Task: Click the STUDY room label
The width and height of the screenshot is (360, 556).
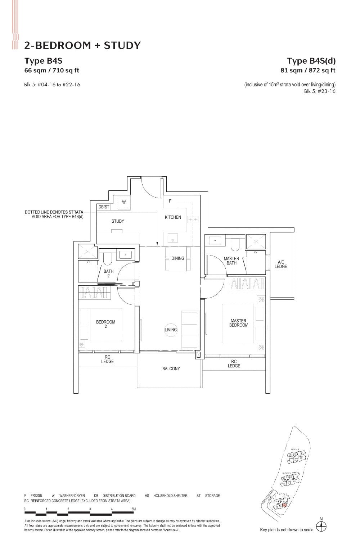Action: click(118, 221)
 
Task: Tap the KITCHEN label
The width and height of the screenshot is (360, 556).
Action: click(173, 217)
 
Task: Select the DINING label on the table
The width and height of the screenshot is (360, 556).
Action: click(177, 258)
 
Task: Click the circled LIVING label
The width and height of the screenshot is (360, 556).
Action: click(171, 330)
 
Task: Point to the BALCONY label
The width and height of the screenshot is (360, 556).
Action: click(171, 369)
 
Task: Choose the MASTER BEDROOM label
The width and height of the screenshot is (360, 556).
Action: click(238, 323)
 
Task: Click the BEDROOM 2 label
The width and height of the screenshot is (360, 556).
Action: click(105, 324)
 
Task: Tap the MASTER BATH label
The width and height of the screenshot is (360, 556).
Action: click(231, 261)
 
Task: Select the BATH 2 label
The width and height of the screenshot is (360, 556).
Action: click(108, 274)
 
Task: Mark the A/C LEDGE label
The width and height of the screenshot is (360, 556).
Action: click(281, 265)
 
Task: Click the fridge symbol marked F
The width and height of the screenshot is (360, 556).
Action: click(170, 201)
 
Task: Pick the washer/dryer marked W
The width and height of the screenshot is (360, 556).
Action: click(123, 202)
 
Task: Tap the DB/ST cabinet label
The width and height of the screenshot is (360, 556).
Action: click(104, 207)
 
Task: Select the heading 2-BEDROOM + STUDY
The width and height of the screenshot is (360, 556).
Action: click(82, 45)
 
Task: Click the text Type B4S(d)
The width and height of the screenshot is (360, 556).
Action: click(311, 60)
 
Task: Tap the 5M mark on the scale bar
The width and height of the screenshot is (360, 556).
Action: click(134, 509)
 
